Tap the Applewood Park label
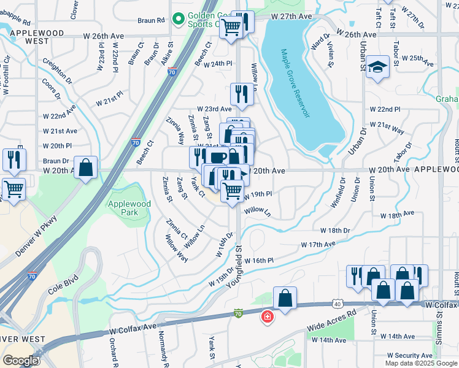pos(129,208)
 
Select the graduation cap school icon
pos(377,67)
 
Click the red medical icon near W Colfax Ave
pos(268,316)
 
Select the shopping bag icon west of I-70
pos(86,167)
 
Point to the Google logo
pos(20,361)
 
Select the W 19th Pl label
pos(258,195)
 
